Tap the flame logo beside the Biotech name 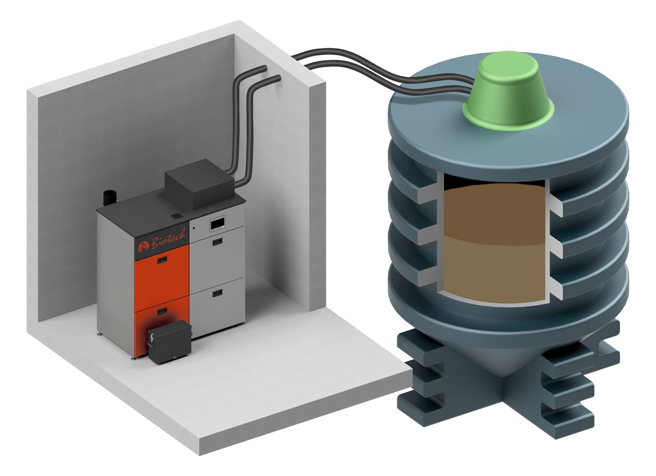pyautogui.click(x=143, y=247)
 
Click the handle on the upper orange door pyautogui.click(x=162, y=259)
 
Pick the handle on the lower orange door pyautogui.click(x=162, y=311)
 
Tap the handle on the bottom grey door pyautogui.click(x=217, y=293)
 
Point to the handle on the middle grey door pyautogui.click(x=217, y=242)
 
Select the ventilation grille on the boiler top pyautogui.click(x=177, y=217)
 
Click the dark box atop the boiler pyautogui.click(x=200, y=184)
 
